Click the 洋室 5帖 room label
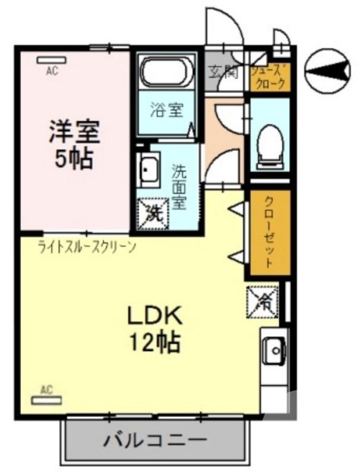click(74, 144)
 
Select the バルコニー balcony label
click(156, 441)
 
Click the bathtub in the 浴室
click(166, 72)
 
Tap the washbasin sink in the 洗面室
click(149, 170)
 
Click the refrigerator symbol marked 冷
click(262, 301)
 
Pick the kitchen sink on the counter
click(274, 351)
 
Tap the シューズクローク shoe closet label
click(270, 77)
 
